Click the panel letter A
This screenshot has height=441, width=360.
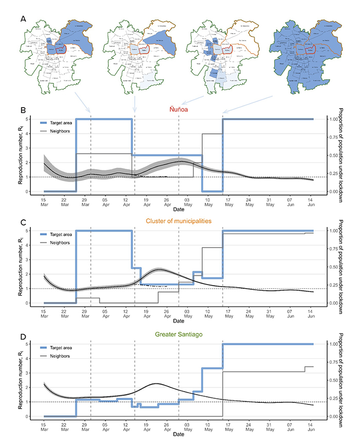23,19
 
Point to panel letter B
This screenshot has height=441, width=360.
23,110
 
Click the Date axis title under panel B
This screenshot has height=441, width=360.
178,210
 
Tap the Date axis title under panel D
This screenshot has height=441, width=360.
178,435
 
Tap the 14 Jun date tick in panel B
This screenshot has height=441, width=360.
310,201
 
